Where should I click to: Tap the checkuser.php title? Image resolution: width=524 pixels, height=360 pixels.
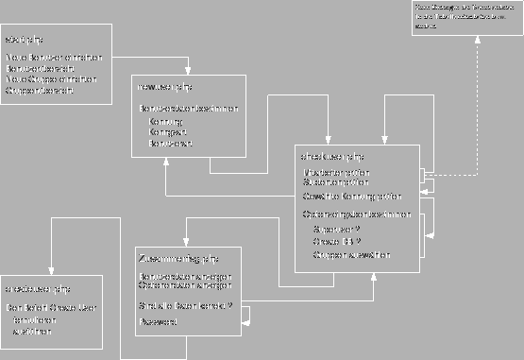tap(331, 155)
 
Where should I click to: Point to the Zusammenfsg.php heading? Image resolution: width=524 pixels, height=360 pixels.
tap(178, 258)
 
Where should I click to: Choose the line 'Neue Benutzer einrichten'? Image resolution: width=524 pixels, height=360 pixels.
tap(54, 58)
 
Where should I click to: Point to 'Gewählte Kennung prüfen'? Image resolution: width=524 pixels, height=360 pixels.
tap(351, 197)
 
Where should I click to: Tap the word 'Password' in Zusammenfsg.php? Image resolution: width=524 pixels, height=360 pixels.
tap(158, 322)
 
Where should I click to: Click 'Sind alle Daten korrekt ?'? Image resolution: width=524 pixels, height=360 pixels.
tap(185, 306)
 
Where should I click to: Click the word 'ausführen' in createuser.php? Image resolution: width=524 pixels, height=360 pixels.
tap(32, 332)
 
